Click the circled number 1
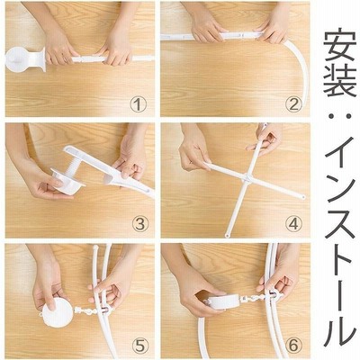[x=139, y=105]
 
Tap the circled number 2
[x=293, y=105]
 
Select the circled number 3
[x=139, y=224]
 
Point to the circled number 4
[x=293, y=224]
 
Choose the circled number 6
[x=293, y=346]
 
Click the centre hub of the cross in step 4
[x=247, y=179]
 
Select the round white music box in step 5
[x=58, y=312]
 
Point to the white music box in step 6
[x=224, y=302]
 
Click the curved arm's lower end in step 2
[x=304, y=106]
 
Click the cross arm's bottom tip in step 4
[x=227, y=235]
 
